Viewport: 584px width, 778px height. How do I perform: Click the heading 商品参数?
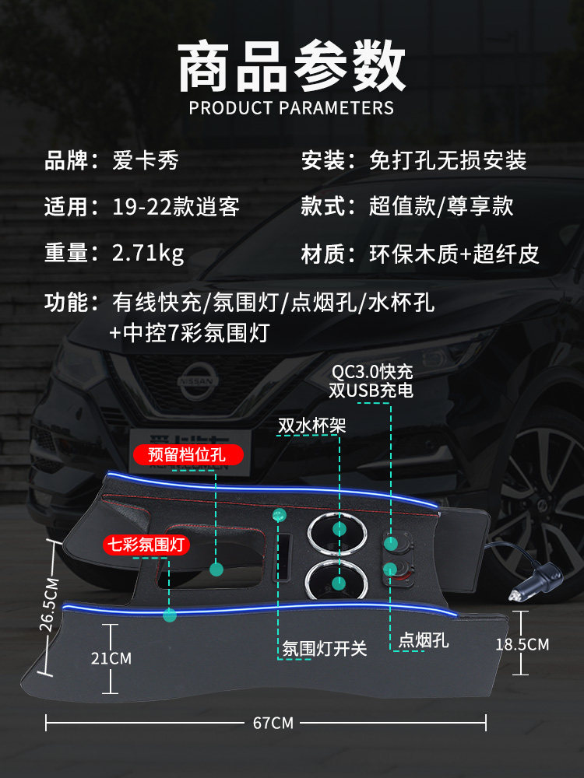click(x=292, y=68)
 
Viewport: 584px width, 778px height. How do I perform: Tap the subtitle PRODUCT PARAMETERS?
click(x=292, y=108)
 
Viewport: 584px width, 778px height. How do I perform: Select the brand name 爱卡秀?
click(x=146, y=161)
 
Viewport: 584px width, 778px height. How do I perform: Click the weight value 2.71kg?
click(x=148, y=254)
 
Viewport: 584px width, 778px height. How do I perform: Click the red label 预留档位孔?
click(x=187, y=454)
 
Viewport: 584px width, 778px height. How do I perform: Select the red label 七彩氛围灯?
click(x=147, y=545)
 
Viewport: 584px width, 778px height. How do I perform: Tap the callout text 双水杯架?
click(x=311, y=426)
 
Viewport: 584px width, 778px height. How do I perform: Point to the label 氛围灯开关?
click(x=324, y=647)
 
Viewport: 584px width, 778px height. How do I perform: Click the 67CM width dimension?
click(x=273, y=723)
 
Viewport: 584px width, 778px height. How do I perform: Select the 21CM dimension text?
click(x=111, y=658)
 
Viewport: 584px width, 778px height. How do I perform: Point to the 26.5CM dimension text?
click(x=49, y=604)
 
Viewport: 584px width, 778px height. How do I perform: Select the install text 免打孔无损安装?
click(x=448, y=161)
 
